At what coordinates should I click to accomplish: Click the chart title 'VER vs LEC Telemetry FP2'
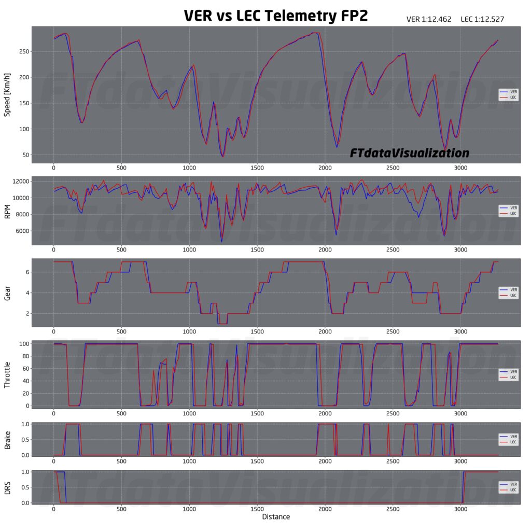pyautogui.click(x=276, y=16)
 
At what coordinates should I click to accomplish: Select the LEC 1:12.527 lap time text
pyautogui.click(x=482, y=20)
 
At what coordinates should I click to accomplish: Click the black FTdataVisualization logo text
pyautogui.click(x=409, y=153)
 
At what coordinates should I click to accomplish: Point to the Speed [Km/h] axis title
pyautogui.click(x=7, y=94)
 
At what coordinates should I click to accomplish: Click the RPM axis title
pyautogui.click(x=7, y=211)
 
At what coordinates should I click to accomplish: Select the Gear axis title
pyautogui.click(x=7, y=292)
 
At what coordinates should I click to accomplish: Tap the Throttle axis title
pyautogui.click(x=7, y=374)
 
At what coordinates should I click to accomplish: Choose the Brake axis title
pyautogui.click(x=7, y=439)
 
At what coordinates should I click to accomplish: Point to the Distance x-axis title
pyautogui.click(x=276, y=516)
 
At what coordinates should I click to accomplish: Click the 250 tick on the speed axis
pyautogui.click(x=22, y=51)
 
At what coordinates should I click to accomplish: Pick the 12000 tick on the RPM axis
pyautogui.click(x=20, y=181)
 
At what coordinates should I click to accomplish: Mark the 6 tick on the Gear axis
pyautogui.click(x=27, y=272)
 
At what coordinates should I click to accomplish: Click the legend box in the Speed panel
pyautogui.click(x=508, y=94)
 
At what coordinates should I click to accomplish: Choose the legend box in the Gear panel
pyautogui.click(x=508, y=292)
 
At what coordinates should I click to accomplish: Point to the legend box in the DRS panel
pyautogui.click(x=508, y=487)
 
